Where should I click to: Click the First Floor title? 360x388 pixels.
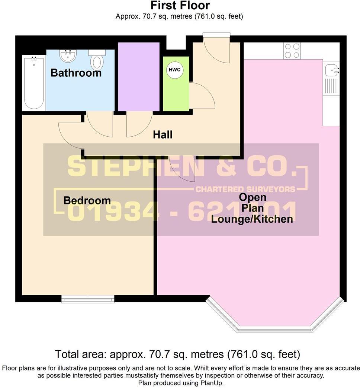pos(180,6)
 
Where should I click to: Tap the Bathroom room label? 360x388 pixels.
pos(76,73)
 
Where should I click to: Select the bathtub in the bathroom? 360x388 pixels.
pos(34,83)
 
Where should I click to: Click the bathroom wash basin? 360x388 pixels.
pos(68,56)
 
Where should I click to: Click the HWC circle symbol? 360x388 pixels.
pos(174,70)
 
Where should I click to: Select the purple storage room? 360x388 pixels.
pos(138,76)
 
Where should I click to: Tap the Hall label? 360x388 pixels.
pos(163,134)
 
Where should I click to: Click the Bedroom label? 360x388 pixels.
pos(87,200)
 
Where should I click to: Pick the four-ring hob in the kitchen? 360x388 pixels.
pos(292,51)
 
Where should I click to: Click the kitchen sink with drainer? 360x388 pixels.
pos(331,78)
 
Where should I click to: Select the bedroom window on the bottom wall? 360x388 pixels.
pos(88,299)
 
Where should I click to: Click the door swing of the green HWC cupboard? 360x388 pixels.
pos(201,96)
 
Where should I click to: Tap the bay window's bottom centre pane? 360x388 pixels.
pos(274,329)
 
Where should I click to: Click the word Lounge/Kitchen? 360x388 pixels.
pos(252,219)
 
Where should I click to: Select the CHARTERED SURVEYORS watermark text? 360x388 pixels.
pos(245,189)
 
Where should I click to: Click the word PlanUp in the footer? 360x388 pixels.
pos(213,383)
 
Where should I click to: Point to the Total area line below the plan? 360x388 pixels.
pos(177,353)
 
